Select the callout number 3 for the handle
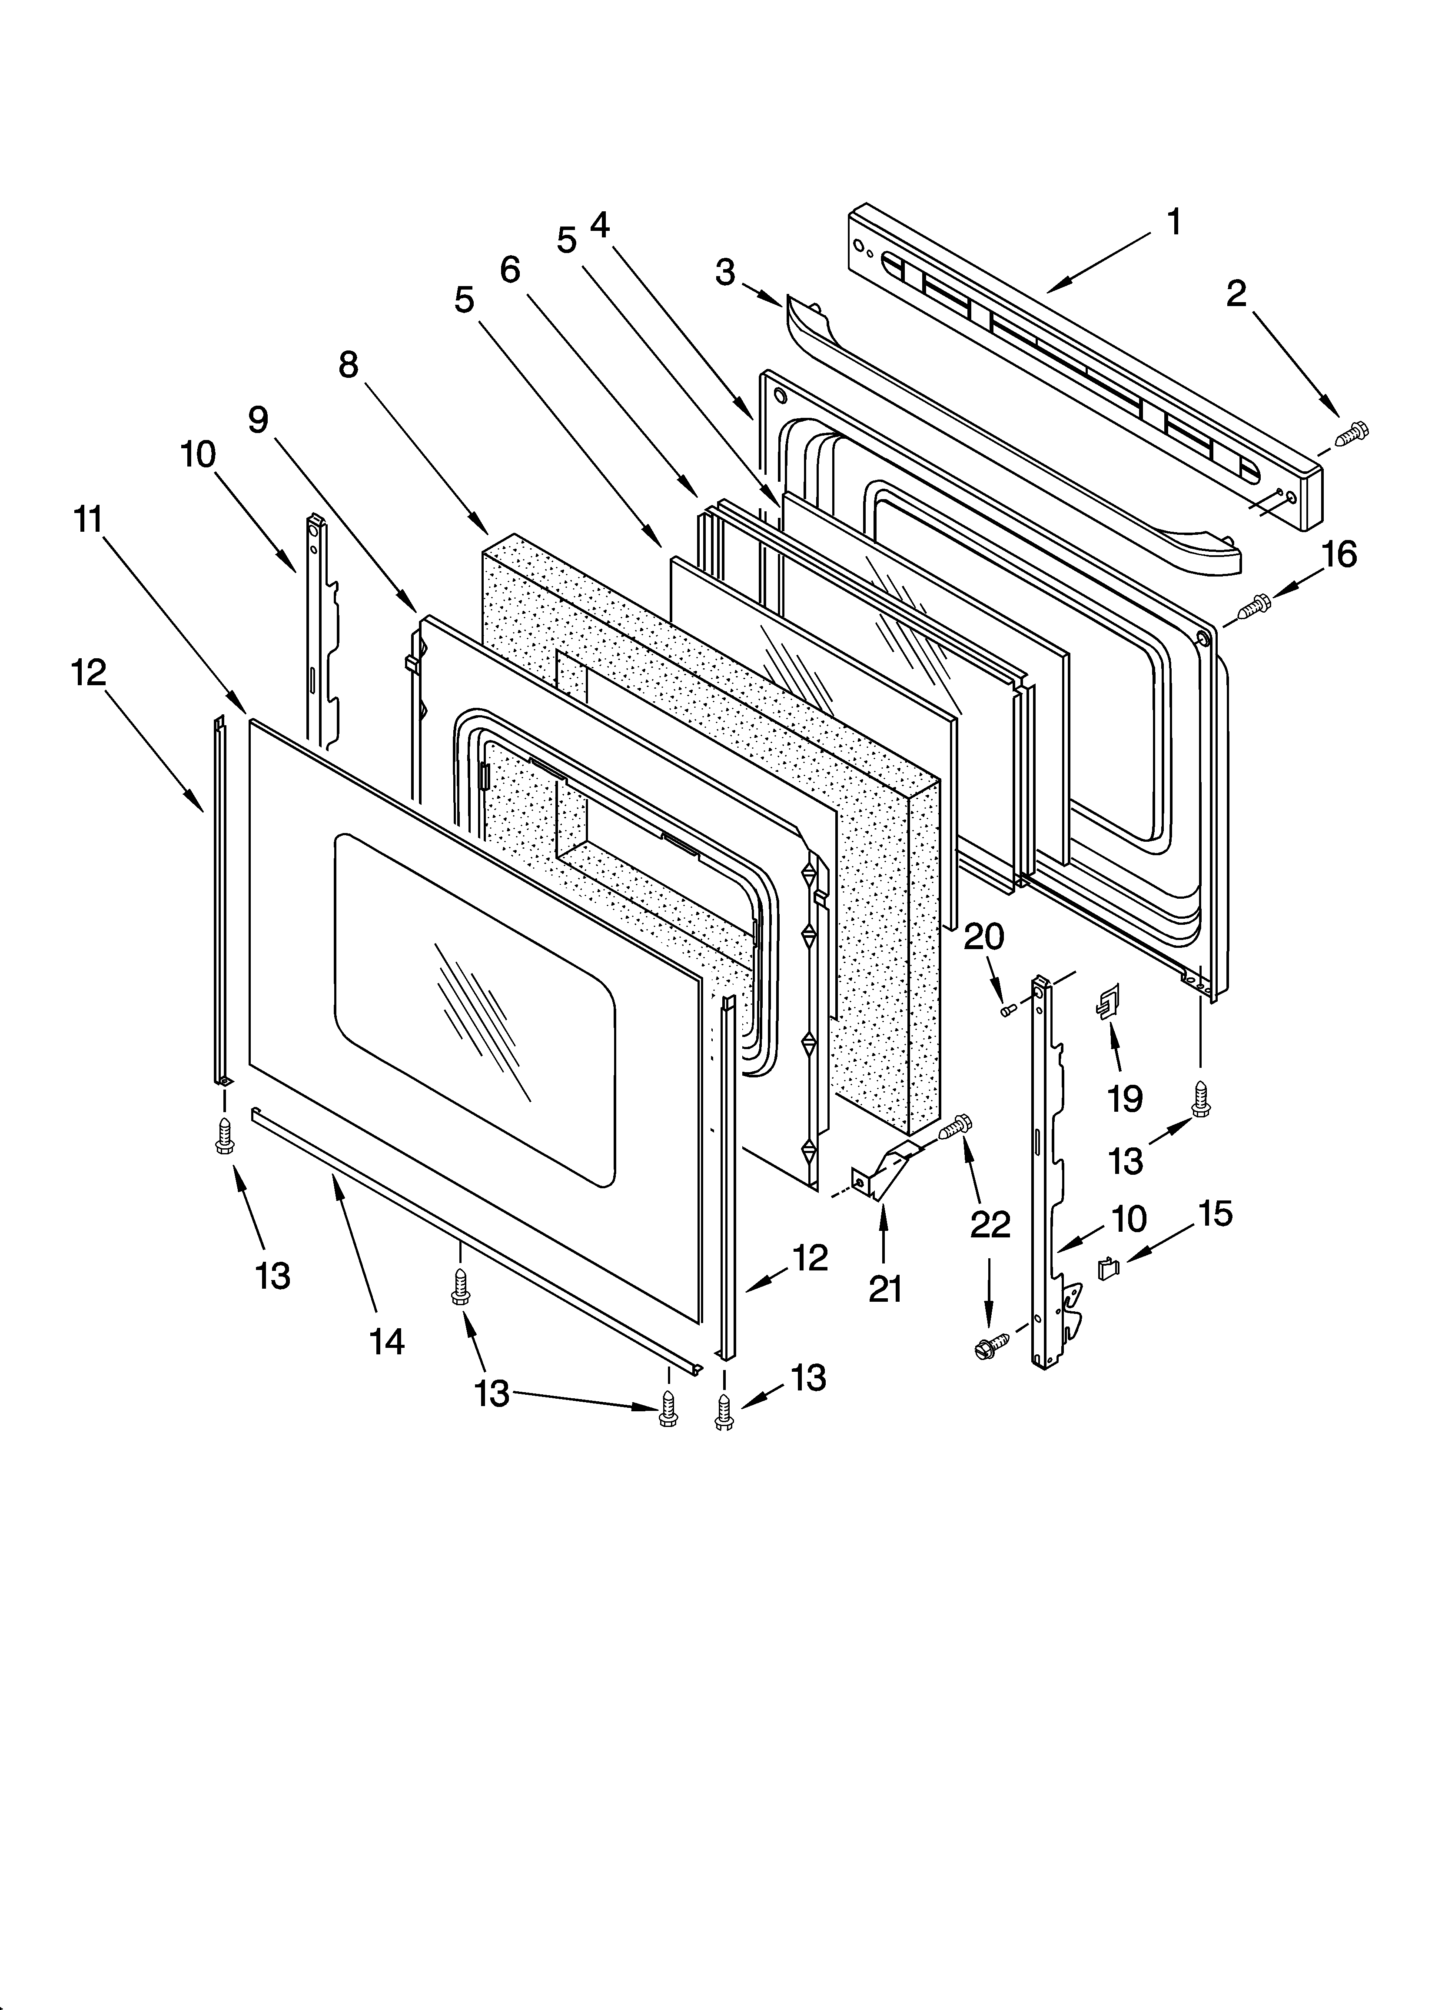(x=725, y=273)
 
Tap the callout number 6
(x=509, y=270)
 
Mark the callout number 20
(x=983, y=937)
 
